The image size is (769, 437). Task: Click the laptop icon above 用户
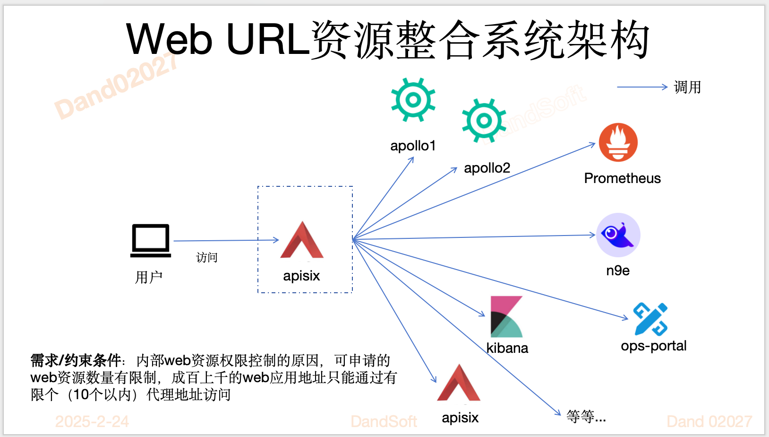click(151, 240)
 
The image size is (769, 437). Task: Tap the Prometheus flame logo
click(618, 142)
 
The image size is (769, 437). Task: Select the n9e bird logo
click(618, 235)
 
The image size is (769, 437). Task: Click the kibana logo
click(506, 316)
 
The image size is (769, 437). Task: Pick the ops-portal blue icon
click(650, 319)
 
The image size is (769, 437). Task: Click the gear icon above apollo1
click(413, 100)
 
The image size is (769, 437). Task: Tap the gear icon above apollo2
click(484, 121)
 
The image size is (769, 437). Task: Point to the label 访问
click(207, 258)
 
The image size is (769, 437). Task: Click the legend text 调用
click(687, 87)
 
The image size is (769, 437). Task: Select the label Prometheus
click(622, 178)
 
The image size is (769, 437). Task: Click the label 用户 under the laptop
click(149, 277)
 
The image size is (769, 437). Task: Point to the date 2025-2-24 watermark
click(92, 421)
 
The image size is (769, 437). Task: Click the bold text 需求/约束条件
click(76, 360)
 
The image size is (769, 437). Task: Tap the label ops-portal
click(653, 346)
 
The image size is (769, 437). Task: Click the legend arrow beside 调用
click(642, 87)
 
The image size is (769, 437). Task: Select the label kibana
click(507, 348)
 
